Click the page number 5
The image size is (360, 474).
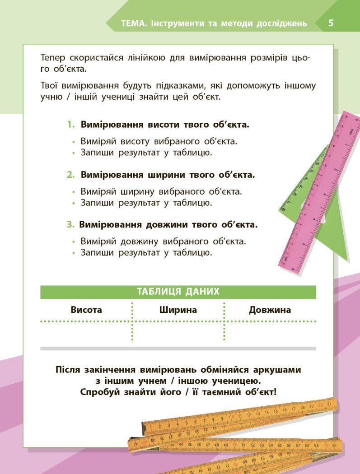tap(331, 23)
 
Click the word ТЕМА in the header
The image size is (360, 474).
tap(133, 23)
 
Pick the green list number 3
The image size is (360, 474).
tap(70, 224)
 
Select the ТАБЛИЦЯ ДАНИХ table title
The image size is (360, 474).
tap(178, 292)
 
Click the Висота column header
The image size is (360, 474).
tap(86, 310)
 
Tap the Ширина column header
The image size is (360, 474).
tap(178, 310)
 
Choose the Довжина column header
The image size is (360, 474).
tap(270, 310)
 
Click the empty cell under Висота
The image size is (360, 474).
tap(86, 333)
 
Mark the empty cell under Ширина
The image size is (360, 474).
tap(178, 333)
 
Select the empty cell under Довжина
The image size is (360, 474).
tap(270, 333)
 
